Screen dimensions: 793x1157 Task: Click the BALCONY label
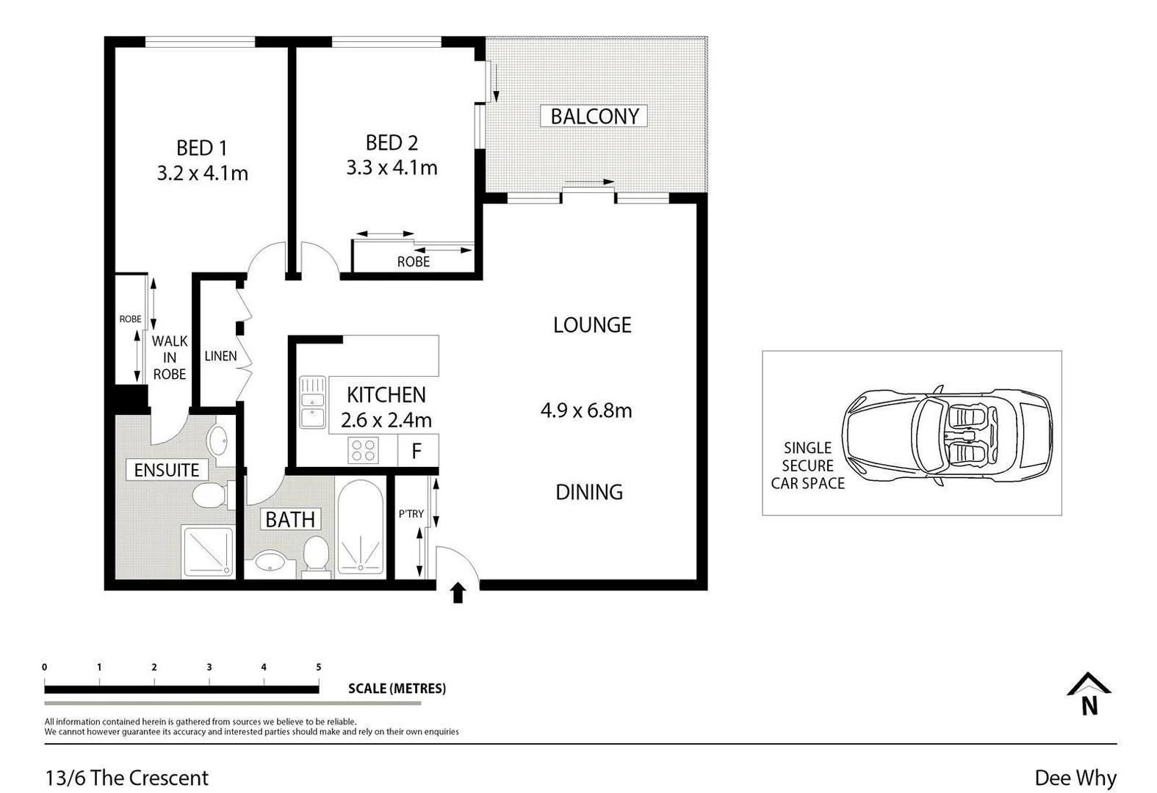594,116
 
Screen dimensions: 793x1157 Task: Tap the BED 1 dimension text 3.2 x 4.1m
202,173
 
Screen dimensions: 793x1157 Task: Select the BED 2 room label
392,142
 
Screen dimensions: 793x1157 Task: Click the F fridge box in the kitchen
417,450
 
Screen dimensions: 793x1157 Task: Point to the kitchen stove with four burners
363,450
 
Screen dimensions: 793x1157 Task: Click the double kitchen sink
312,402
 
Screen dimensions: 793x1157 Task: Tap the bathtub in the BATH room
360,526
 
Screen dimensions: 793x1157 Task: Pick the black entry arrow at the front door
458,592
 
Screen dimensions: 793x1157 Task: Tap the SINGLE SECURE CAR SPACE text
807,466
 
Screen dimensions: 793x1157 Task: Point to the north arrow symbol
1089,695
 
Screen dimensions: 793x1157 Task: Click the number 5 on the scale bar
318,667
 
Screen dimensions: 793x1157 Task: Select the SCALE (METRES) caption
397,689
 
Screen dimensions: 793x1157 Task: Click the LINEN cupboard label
220,356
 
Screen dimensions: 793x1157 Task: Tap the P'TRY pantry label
411,514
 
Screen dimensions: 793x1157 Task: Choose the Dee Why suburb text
1075,778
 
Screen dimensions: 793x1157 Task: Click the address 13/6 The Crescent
127,778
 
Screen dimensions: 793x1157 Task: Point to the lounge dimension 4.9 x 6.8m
586,410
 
